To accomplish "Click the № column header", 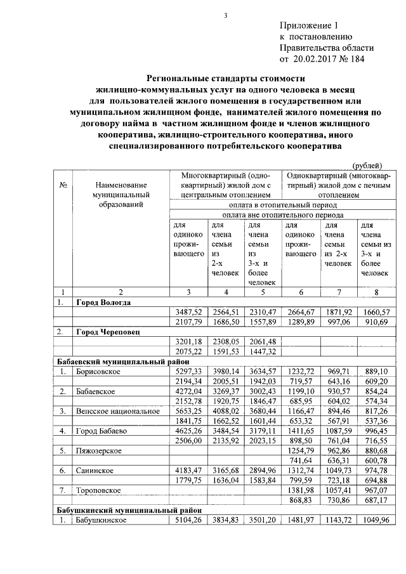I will point(63,185).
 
